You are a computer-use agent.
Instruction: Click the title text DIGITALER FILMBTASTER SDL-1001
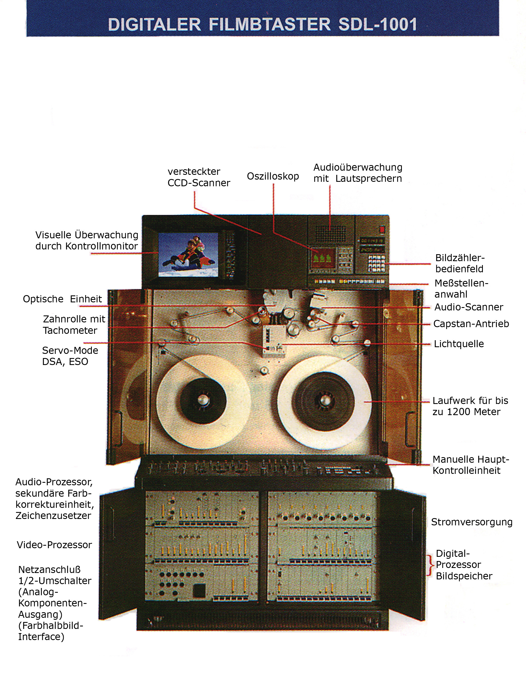[x=262, y=25]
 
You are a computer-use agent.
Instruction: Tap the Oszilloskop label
[x=273, y=177]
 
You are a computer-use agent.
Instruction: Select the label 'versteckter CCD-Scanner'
[x=198, y=177]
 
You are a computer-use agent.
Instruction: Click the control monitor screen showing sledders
[x=188, y=254]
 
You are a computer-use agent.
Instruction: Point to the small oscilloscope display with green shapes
[x=322, y=258]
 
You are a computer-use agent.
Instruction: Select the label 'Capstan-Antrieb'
[x=471, y=324]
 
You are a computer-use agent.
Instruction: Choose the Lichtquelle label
[x=459, y=344]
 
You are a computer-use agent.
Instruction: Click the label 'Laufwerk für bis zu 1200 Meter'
[x=470, y=406]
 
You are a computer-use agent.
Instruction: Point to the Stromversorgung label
[x=471, y=522]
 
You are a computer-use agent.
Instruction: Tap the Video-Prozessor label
[x=54, y=545]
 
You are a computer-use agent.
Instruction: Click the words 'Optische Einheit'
[x=62, y=299]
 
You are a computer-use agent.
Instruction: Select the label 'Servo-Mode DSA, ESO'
[x=70, y=356]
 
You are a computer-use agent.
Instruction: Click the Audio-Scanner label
[x=469, y=307]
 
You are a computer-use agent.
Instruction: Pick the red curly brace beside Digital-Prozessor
[x=430, y=565]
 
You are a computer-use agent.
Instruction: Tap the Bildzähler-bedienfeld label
[x=460, y=263]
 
